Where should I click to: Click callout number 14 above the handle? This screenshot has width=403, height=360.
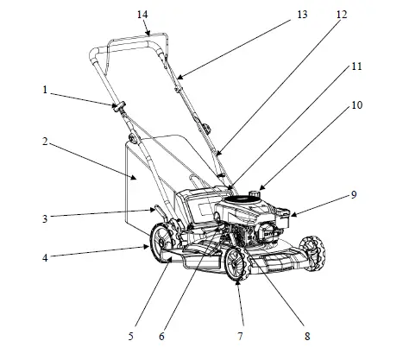pyautogui.click(x=142, y=15)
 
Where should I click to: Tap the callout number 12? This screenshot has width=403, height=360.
pyautogui.click(x=342, y=15)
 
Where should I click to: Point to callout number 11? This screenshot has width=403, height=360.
pyautogui.click(x=356, y=66)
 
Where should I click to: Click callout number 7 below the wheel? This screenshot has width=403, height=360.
pyautogui.click(x=241, y=333)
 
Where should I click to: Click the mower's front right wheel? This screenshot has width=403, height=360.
pyautogui.click(x=237, y=263)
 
